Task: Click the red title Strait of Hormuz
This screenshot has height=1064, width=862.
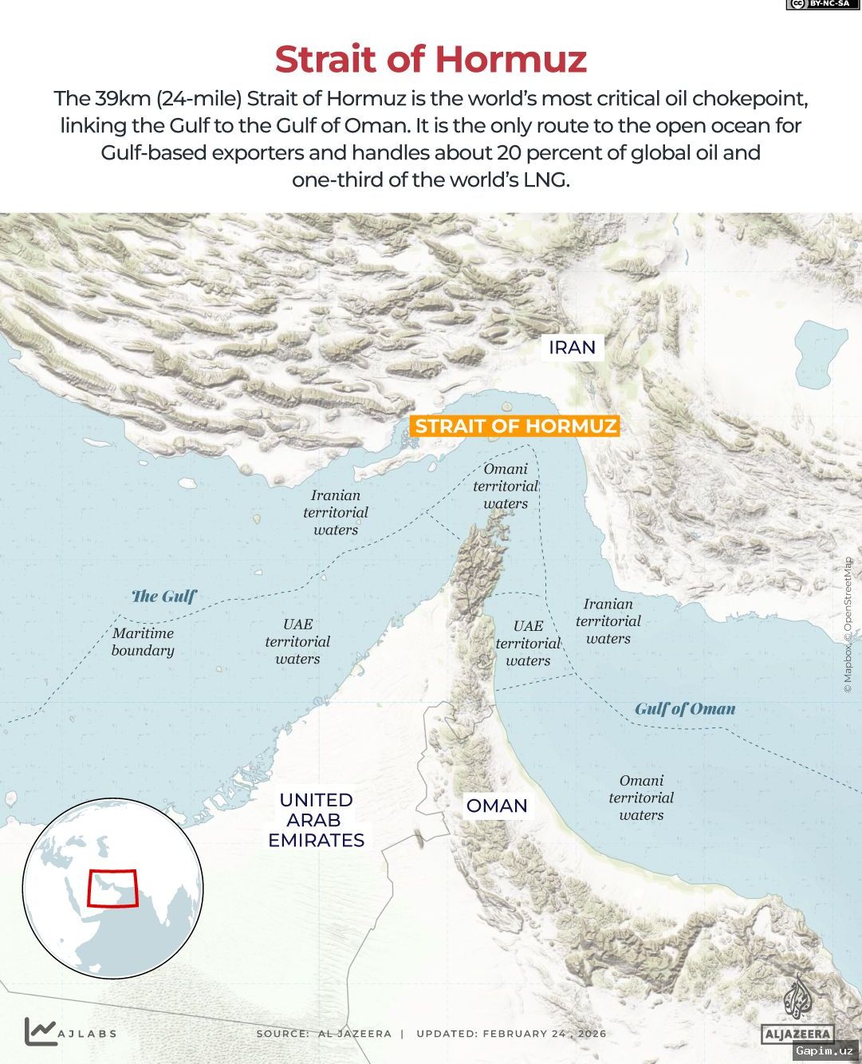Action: tap(431, 59)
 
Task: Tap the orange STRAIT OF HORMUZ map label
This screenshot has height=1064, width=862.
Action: tap(515, 426)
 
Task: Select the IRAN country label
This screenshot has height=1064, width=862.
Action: tap(572, 348)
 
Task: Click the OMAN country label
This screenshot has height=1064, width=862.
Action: tap(497, 806)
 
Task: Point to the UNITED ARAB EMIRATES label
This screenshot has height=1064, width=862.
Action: tap(316, 820)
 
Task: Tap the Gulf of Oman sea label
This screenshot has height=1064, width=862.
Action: tap(685, 709)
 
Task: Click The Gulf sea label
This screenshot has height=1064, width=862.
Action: tap(163, 597)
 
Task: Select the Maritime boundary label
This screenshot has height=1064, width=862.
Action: tap(143, 642)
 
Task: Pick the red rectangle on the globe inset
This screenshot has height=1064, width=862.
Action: tap(112, 888)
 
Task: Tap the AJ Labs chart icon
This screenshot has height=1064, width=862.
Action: tap(41, 1031)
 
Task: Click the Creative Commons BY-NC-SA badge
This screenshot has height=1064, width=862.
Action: tap(818, 5)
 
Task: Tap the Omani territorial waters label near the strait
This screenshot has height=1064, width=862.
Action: tap(506, 487)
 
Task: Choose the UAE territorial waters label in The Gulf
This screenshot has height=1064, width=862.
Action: tap(297, 642)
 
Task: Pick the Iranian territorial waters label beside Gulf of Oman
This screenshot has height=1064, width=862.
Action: tap(608, 621)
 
